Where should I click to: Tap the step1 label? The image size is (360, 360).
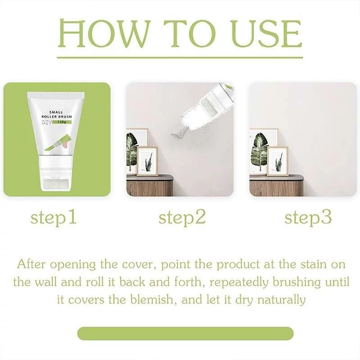[54, 218]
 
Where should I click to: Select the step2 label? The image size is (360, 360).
[182, 218]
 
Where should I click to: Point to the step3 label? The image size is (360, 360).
[308, 218]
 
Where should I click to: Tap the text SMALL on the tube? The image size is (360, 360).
[56, 112]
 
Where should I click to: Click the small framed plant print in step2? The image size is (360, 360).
[148, 161]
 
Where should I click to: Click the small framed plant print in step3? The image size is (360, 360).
[278, 161]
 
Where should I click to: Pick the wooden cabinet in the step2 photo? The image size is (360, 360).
[150, 185]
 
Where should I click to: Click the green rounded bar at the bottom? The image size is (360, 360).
[185, 333]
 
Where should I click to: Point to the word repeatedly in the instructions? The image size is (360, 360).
[239, 283]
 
